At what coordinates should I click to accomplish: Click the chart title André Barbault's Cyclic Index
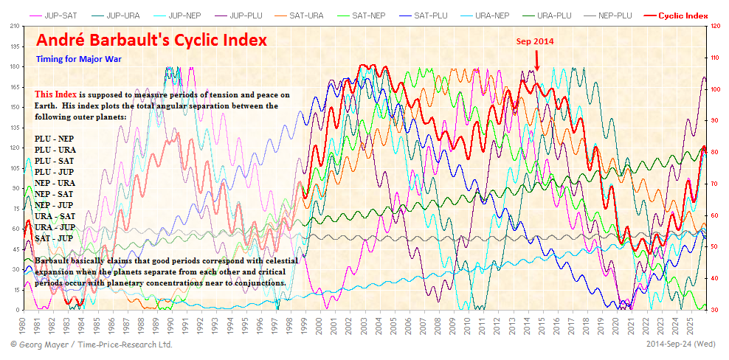pos(152,40)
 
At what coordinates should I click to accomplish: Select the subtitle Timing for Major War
pos(78,58)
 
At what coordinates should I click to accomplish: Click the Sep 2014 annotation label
pos(535,41)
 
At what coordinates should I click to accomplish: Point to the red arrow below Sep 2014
pos(537,60)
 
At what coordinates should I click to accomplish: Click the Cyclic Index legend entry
pos(679,15)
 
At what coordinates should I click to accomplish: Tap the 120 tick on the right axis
pos(714,26)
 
